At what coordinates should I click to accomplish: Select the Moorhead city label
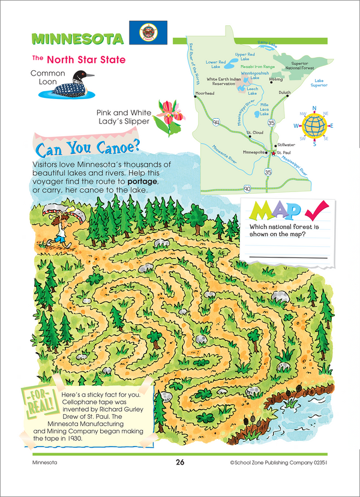coord(205,93)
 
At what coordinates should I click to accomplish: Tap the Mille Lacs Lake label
coord(264,109)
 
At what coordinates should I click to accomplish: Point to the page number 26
coord(179,462)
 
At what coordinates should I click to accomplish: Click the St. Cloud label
coord(254,132)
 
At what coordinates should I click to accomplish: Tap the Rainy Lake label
coord(268,44)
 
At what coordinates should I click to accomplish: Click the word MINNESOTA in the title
coord(77,39)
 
